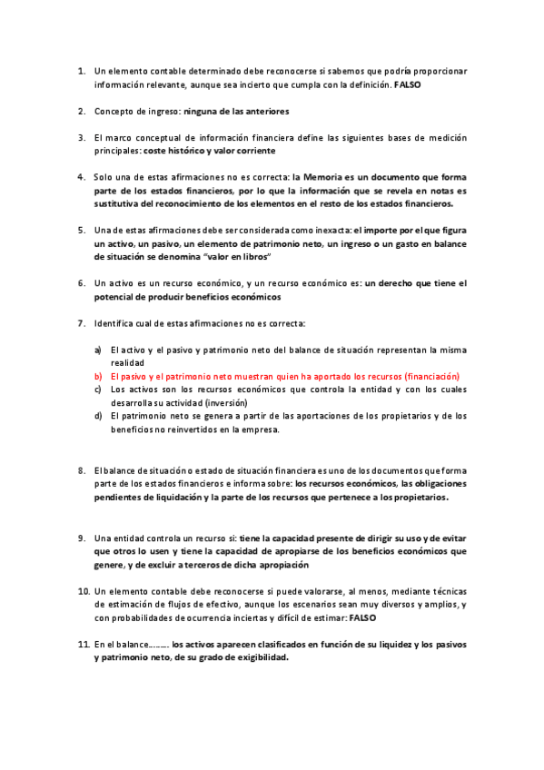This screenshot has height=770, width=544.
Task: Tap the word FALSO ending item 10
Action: click(362, 617)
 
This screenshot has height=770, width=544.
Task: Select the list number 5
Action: click(81, 231)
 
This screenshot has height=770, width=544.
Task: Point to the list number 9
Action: click(81, 538)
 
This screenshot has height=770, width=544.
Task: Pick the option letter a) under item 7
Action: click(98, 349)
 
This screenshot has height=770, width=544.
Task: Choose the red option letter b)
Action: click(98, 376)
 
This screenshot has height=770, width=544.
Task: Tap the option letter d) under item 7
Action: click(98, 417)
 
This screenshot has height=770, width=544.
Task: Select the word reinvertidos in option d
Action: click(201, 430)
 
